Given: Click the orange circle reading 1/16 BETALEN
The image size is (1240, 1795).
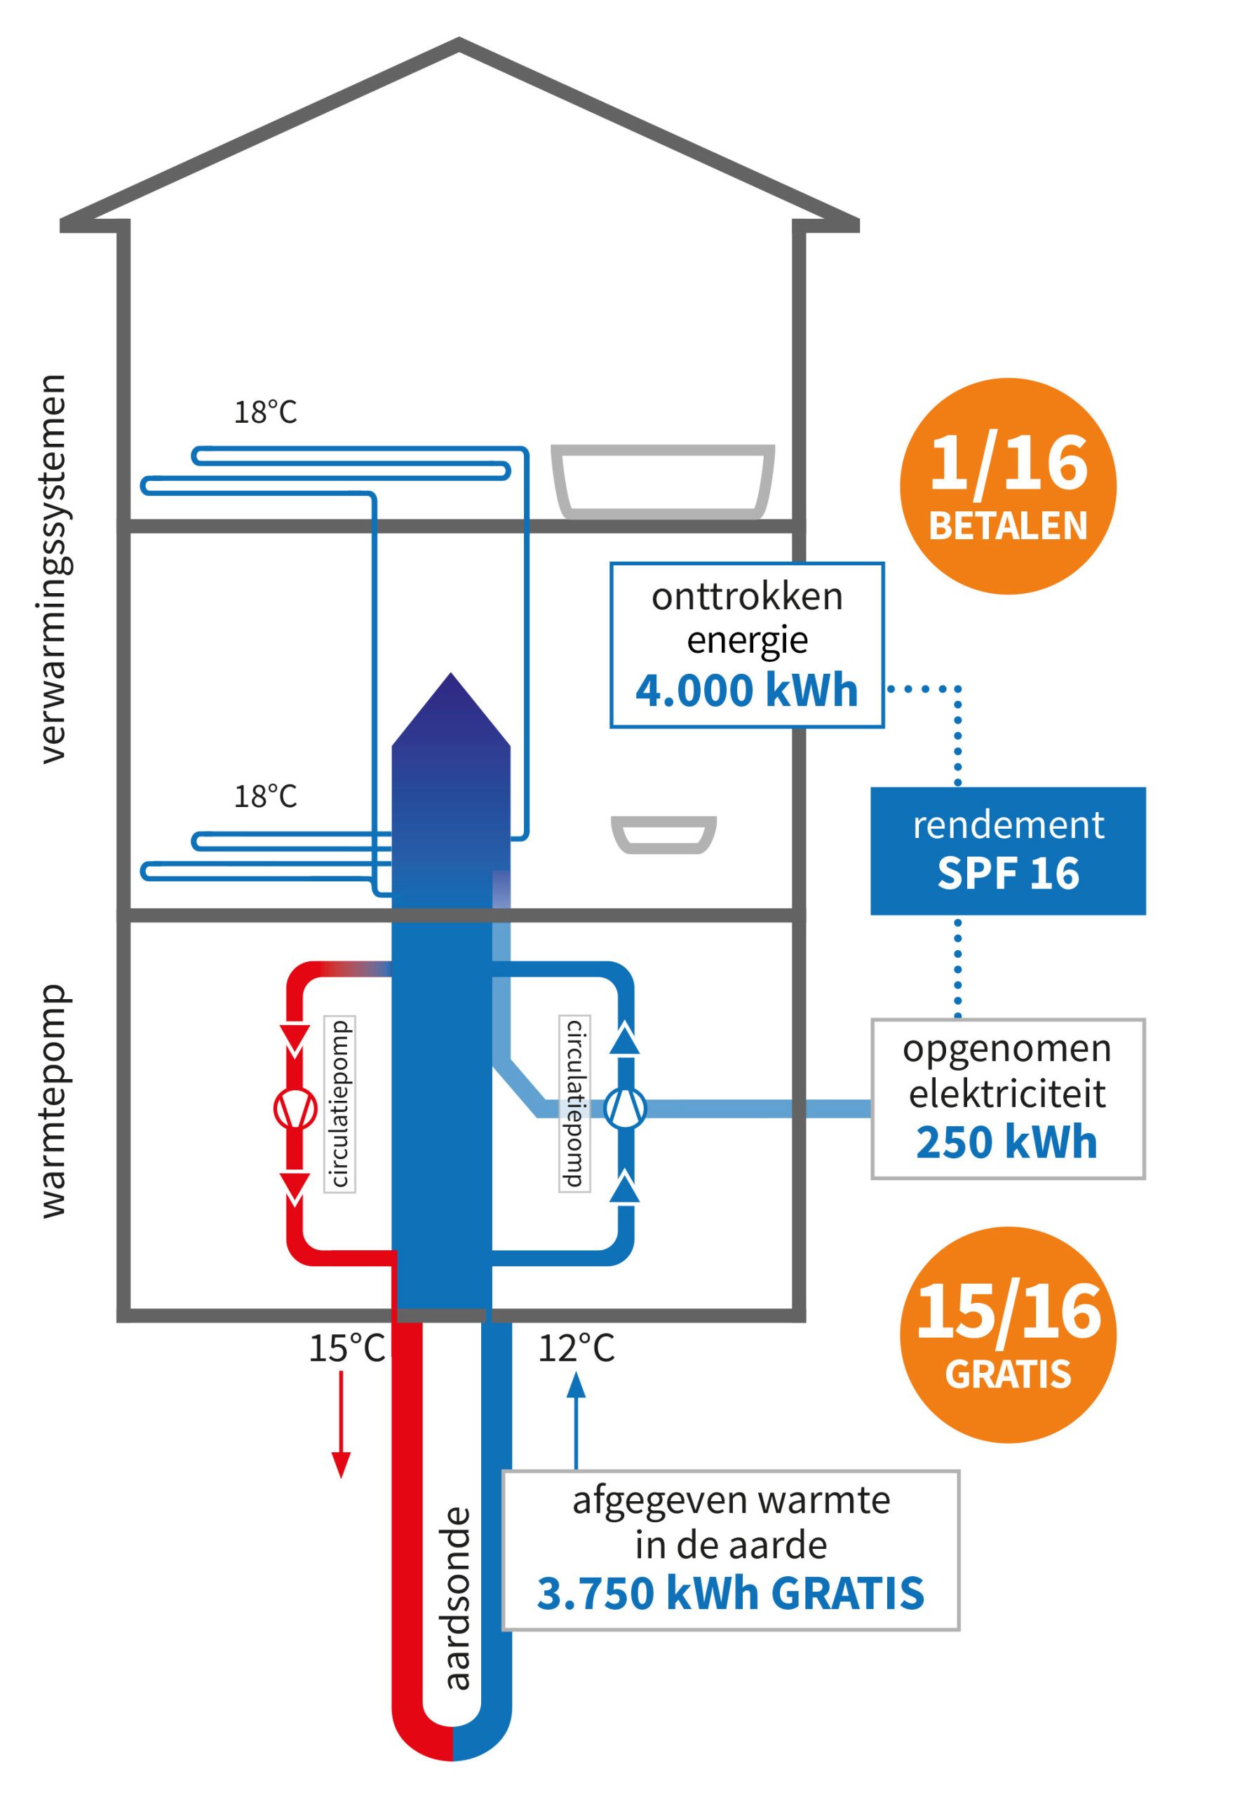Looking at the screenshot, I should coord(1008,486).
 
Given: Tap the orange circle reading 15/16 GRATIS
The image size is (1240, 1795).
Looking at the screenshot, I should coord(1008,1334).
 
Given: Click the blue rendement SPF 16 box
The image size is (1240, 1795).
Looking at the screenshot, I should coord(1008,851).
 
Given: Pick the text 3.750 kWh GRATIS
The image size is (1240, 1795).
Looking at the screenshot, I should coord(730,1593).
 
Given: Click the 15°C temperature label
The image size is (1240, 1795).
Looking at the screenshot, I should coord(346,1349).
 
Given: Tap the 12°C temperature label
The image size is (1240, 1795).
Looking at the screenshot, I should coord(576,1349).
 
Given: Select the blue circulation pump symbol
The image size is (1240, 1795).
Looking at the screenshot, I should coord(626,1109).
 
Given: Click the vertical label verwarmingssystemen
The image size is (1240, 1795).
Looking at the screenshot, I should coord(53,569).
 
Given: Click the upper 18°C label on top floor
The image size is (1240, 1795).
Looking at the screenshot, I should coord(266,412).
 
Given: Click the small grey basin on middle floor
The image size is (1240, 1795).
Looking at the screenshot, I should coord(663,834).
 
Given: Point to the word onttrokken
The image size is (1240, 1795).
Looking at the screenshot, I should coord(747,597).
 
